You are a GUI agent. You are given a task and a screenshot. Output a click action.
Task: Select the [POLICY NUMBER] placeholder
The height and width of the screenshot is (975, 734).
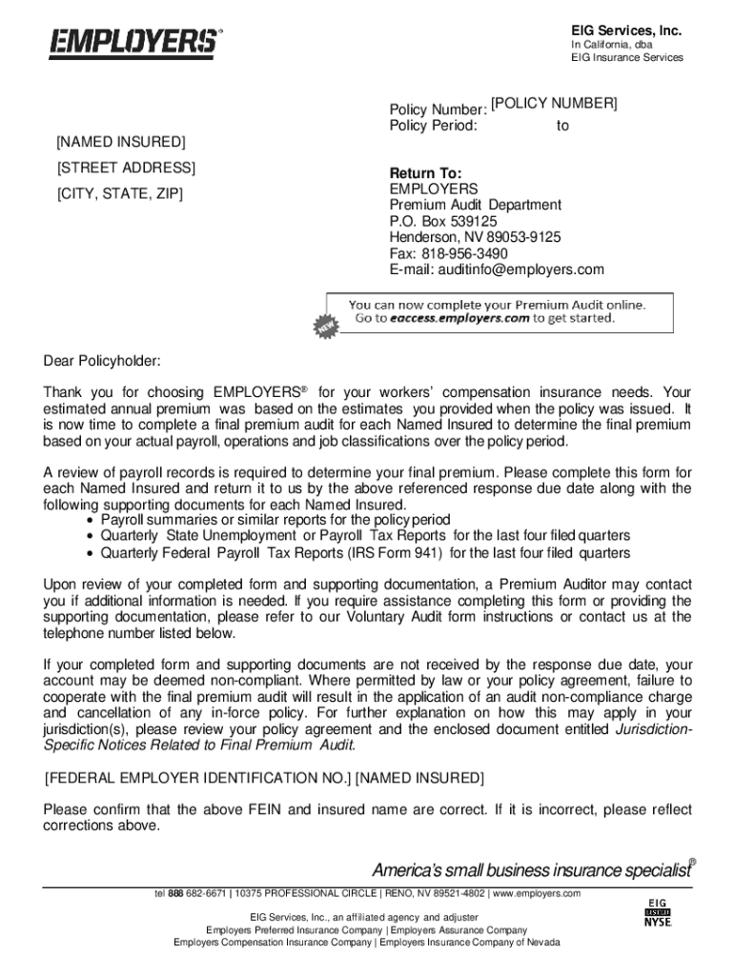click(554, 103)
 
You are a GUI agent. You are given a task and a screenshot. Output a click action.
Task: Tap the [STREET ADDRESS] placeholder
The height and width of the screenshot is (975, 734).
click(126, 169)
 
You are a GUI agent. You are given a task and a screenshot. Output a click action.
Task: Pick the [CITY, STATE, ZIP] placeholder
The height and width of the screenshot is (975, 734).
click(119, 194)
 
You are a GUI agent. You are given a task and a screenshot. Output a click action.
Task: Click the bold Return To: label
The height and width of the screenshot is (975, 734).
click(425, 173)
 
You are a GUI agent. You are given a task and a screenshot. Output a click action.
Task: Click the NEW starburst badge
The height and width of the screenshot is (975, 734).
click(326, 326)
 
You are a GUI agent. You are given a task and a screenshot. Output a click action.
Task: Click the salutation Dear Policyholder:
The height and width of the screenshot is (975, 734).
click(103, 361)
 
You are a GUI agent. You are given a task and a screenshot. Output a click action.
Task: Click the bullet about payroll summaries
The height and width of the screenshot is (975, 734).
click(275, 520)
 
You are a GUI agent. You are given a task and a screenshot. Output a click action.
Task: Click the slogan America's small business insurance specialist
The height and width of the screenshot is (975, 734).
click(530, 870)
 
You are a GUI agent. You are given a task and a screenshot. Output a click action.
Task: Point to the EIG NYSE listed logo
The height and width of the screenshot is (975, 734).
click(657, 913)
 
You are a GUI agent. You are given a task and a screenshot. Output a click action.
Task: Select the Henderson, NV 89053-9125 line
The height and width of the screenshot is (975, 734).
click(475, 237)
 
